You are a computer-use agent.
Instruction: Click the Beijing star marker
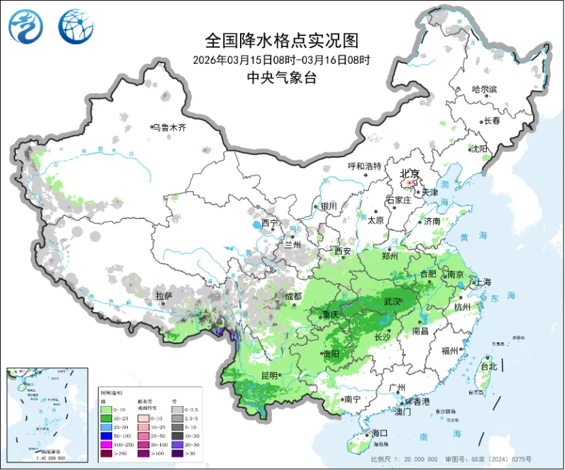(409, 183)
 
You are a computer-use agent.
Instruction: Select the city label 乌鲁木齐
(168, 127)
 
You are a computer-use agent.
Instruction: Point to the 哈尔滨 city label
(485, 89)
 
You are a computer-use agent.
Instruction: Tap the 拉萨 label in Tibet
(164, 296)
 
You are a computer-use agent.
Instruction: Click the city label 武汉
(392, 301)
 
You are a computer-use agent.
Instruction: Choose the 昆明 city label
(269, 375)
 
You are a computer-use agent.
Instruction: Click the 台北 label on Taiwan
(488, 367)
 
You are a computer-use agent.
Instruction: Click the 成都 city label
(293, 296)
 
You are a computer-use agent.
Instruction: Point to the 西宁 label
(270, 222)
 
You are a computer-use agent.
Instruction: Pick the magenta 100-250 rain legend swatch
(106, 442)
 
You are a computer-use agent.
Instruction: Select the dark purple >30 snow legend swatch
(176, 452)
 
